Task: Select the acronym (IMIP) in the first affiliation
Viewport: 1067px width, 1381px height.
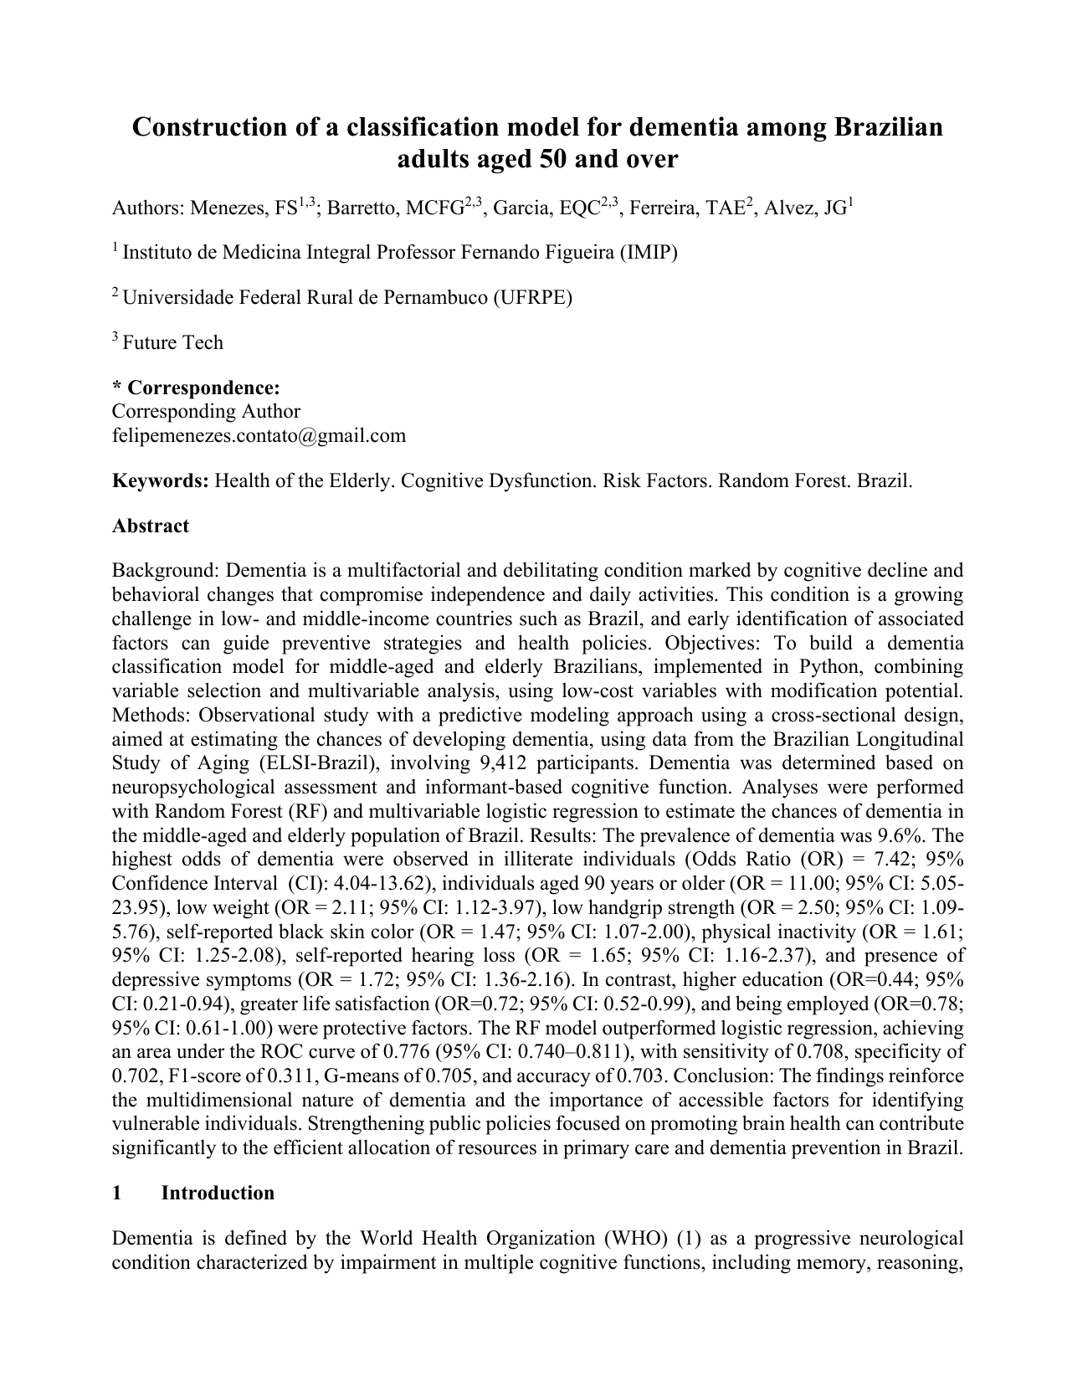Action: click(x=648, y=252)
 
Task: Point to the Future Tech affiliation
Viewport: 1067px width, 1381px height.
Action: click(x=172, y=342)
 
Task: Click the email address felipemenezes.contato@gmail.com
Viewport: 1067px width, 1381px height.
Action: click(x=259, y=435)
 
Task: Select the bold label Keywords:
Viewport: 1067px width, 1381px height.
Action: click(x=161, y=480)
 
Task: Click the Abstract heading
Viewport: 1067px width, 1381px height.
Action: click(x=151, y=526)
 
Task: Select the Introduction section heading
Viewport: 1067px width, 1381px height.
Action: click(x=217, y=1193)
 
